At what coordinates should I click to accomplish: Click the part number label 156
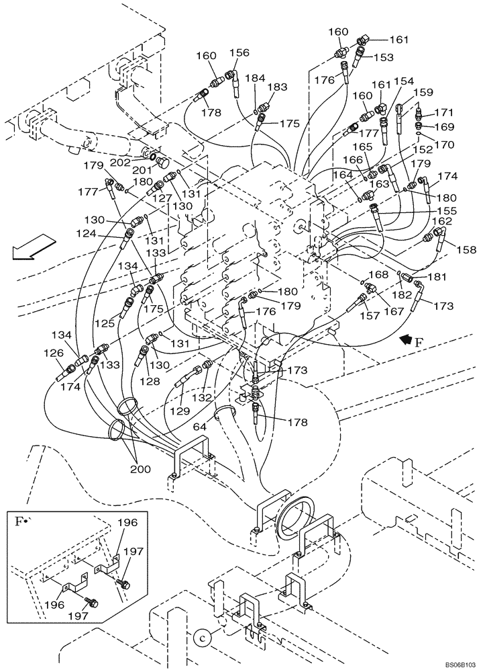(239, 52)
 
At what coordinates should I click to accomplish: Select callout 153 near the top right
(384, 58)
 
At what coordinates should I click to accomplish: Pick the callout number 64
(199, 427)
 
